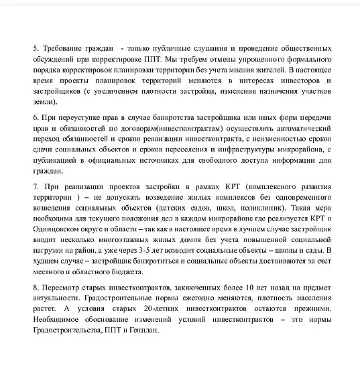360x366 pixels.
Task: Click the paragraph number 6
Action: [35, 116]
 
